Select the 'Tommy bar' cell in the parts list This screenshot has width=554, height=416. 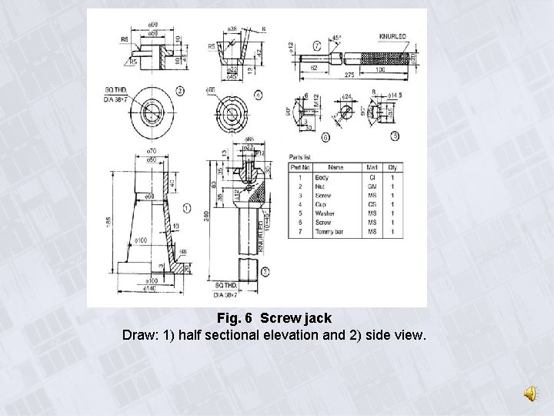329,232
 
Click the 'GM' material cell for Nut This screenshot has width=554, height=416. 372,187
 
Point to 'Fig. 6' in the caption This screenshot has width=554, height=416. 237,317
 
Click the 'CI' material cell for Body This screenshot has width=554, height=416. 372,178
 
